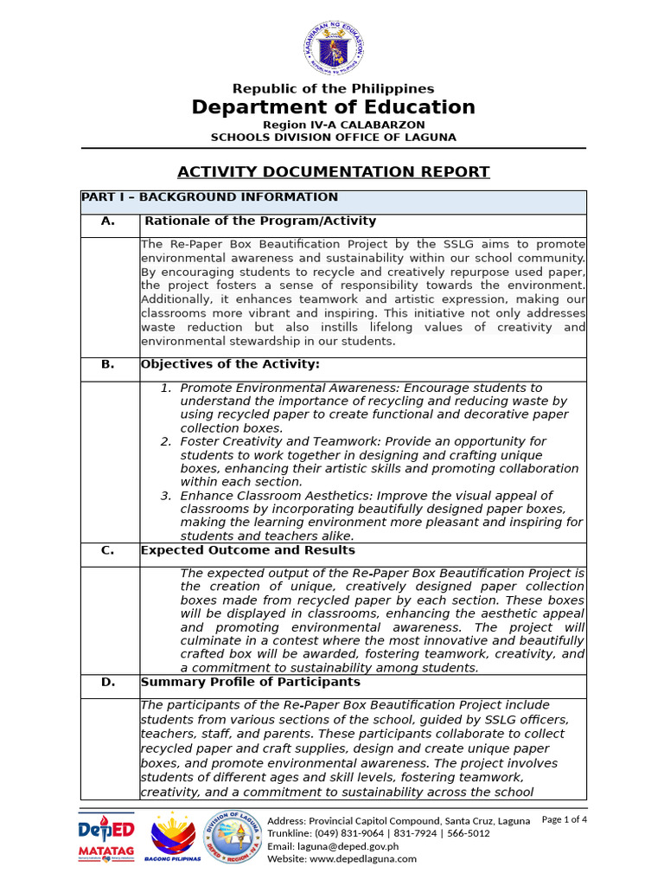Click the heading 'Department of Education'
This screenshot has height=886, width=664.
click(x=333, y=107)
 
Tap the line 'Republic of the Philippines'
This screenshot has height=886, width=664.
click(x=333, y=88)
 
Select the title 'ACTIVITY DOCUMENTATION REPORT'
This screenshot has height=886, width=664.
click(x=333, y=171)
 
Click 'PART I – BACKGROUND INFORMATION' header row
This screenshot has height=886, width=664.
click(x=209, y=197)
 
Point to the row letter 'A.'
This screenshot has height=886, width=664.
click(x=108, y=221)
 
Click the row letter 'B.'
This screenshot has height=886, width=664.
click(x=108, y=364)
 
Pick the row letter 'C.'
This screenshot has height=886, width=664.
click(x=108, y=550)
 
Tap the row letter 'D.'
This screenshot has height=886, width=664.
click(x=108, y=682)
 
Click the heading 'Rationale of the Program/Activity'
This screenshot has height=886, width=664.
click(x=259, y=221)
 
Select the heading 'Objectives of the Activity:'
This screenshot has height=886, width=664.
click(x=230, y=364)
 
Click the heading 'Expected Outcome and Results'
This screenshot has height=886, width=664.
click(x=247, y=550)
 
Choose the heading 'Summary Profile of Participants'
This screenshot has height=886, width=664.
click(x=250, y=682)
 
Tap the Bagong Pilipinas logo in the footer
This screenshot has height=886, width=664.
click(x=176, y=838)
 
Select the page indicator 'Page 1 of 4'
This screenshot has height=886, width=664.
click(x=564, y=819)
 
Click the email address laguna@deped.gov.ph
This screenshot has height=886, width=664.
click(x=333, y=846)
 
